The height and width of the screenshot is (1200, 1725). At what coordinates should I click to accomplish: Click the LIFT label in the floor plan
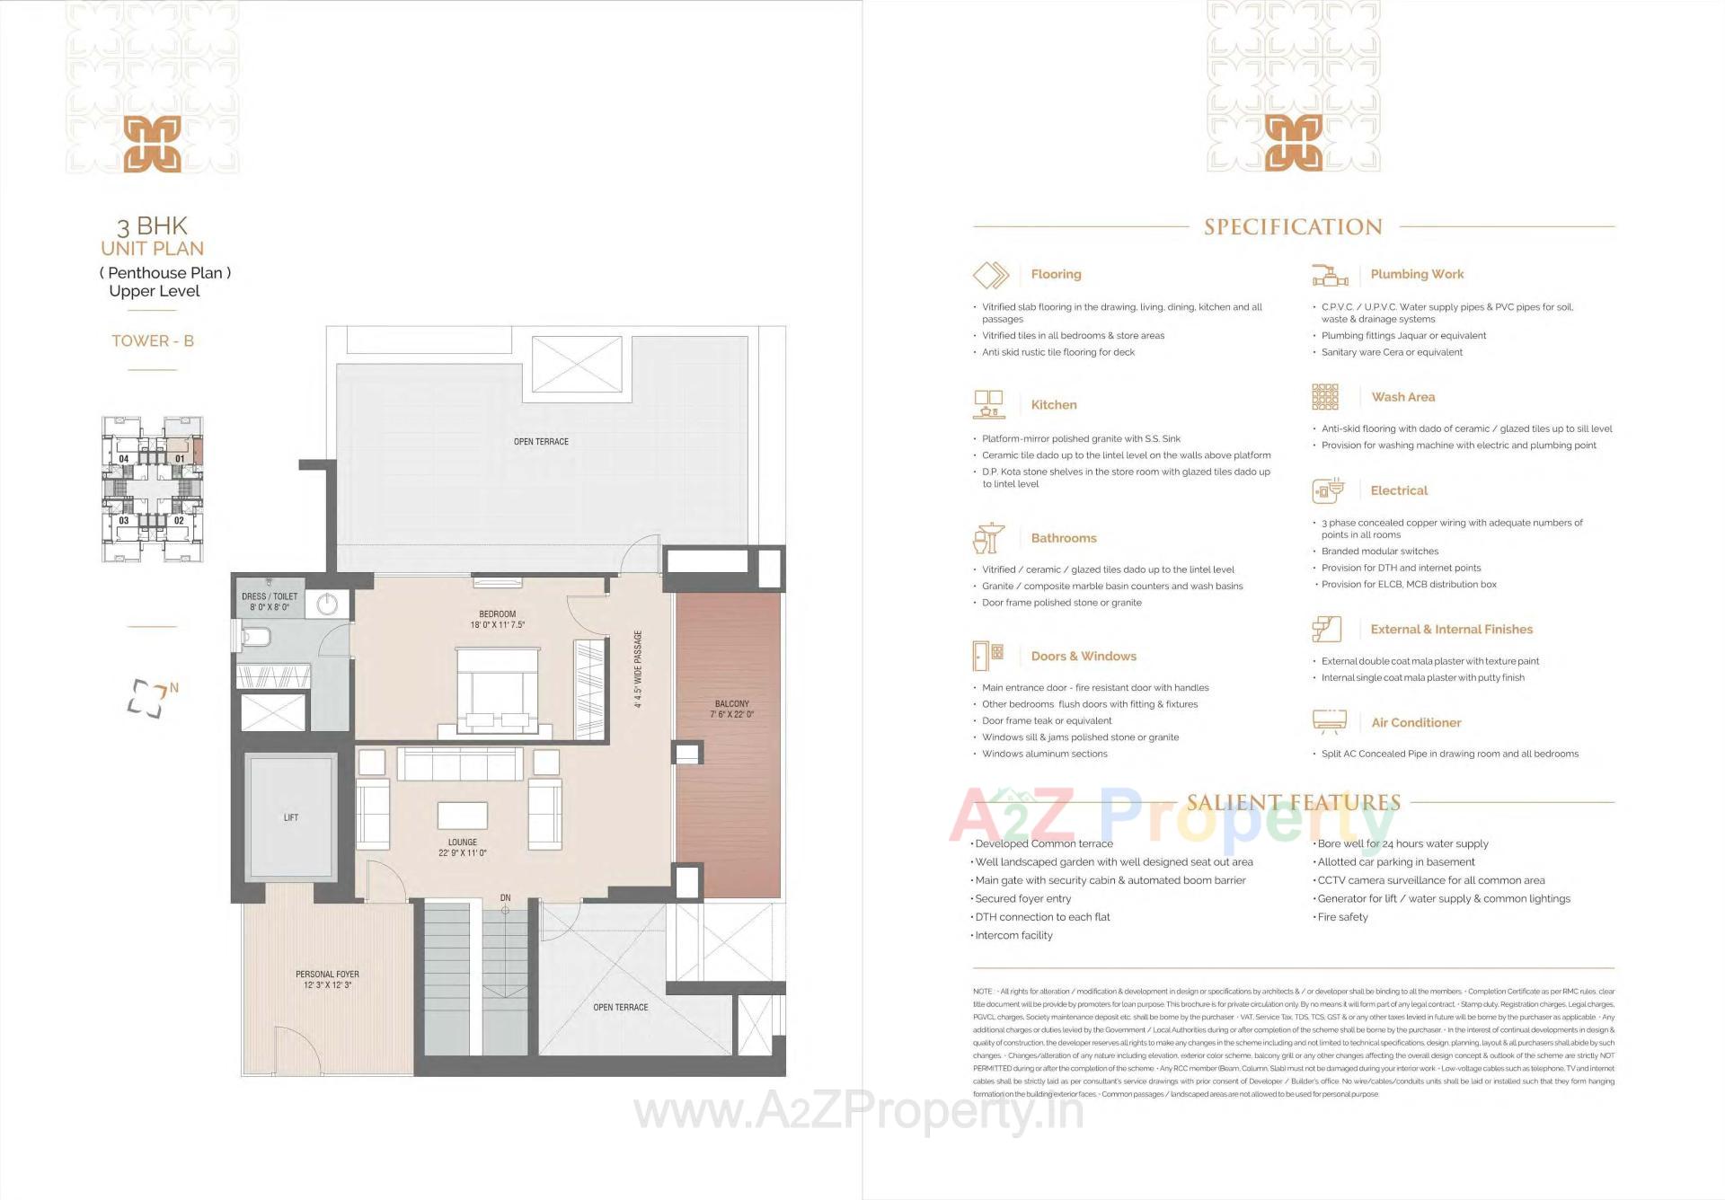[290, 817]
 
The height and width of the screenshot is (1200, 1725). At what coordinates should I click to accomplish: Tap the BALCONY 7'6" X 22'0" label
[731, 709]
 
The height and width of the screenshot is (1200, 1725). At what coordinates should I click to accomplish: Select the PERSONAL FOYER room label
[327, 979]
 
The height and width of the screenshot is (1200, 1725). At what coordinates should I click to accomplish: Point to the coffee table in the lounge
[463, 815]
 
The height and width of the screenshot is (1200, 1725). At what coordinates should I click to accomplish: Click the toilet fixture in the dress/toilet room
[257, 638]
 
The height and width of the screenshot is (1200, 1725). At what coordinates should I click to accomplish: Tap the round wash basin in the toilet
[327, 604]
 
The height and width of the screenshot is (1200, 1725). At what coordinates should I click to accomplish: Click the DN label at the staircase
[505, 897]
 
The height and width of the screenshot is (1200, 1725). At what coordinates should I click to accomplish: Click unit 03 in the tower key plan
[124, 520]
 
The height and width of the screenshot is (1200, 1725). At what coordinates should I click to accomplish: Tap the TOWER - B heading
[153, 340]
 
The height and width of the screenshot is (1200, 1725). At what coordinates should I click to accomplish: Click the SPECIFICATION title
[1293, 227]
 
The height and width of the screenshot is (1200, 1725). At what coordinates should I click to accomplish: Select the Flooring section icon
[991, 275]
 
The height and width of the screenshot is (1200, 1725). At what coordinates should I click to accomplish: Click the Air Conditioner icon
[1329, 721]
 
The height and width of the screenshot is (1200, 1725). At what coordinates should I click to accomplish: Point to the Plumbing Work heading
[1417, 274]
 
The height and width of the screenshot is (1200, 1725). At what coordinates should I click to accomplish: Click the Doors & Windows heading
[1084, 657]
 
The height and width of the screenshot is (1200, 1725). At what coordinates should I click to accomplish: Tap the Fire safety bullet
[1342, 917]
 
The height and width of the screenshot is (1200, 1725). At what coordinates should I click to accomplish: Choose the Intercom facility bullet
[1013, 935]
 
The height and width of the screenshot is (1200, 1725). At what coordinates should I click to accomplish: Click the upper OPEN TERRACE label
[541, 442]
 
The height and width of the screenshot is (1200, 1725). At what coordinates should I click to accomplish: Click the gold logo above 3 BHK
[152, 144]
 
